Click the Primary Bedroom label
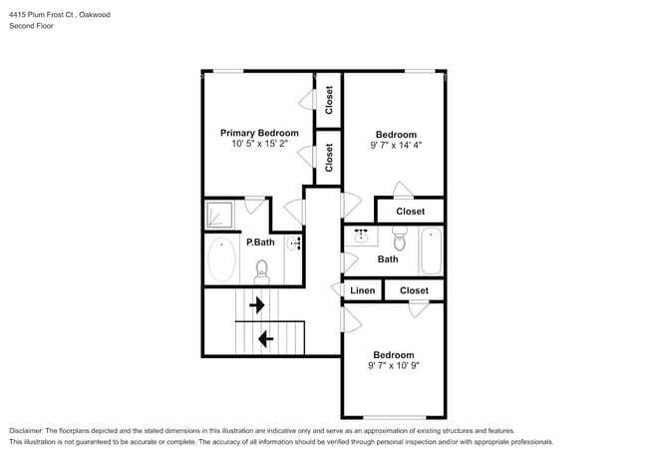pyautogui.click(x=259, y=133)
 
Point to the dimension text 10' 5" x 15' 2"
pyautogui.click(x=259, y=145)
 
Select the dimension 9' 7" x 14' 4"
pyautogui.click(x=396, y=146)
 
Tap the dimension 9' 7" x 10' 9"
pyautogui.click(x=394, y=366)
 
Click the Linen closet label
pyautogui.click(x=363, y=290)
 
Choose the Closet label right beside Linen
pyautogui.click(x=414, y=290)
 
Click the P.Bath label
pyautogui.click(x=260, y=242)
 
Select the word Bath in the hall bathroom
pyautogui.click(x=388, y=259)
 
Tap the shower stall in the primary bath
pyautogui.click(x=220, y=215)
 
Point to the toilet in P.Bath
pyautogui.click(x=262, y=269)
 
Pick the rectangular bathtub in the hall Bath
pyautogui.click(x=430, y=250)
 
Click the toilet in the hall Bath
pyautogui.click(x=399, y=239)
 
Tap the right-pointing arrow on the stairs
pyautogui.click(x=257, y=304)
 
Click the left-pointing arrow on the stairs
pyautogui.click(x=265, y=339)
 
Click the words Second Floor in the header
pyautogui.click(x=32, y=25)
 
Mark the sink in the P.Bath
pyautogui.click(x=294, y=243)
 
